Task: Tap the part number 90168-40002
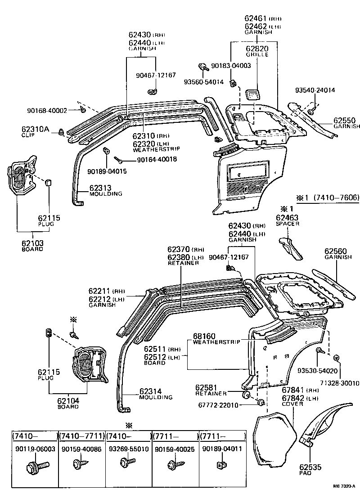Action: coord(47,110)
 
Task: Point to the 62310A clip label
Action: coord(35,128)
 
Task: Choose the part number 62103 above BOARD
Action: coord(32,243)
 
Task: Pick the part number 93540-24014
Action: coord(315,90)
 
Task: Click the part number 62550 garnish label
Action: coord(344,121)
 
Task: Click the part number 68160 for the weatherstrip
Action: coord(204,336)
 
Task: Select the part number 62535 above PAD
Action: coord(310,467)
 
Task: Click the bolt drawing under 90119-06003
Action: coord(34,466)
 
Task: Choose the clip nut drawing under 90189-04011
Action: coord(221,465)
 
